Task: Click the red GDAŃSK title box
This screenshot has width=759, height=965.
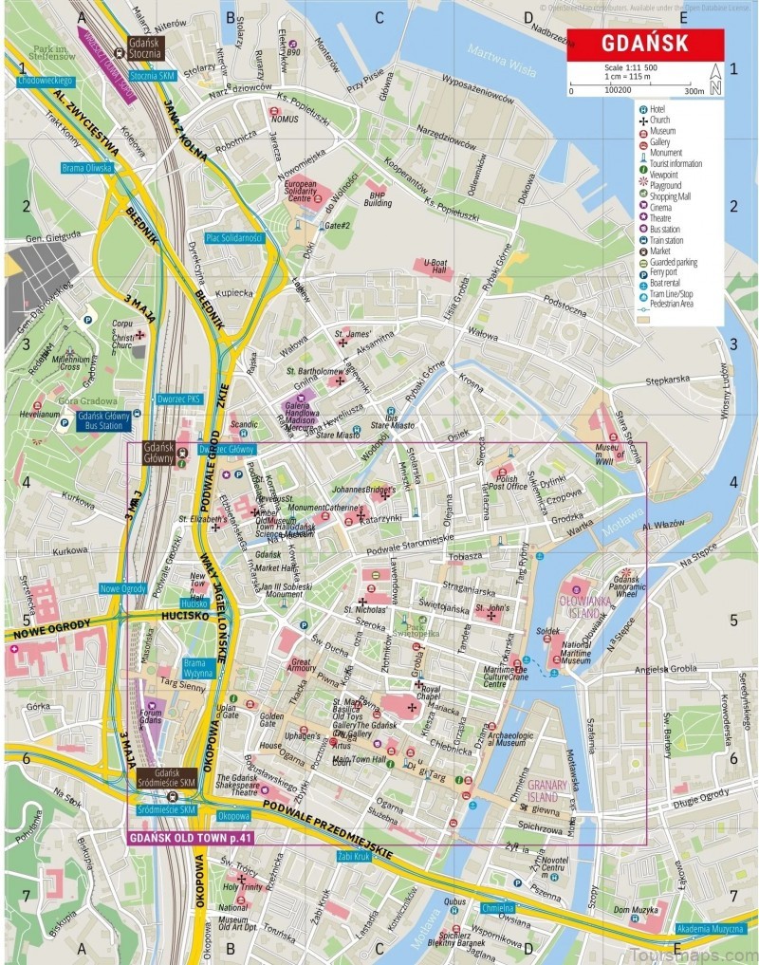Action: tap(645, 45)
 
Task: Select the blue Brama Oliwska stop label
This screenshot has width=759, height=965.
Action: tap(86, 168)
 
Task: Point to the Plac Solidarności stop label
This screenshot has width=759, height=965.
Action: tap(233, 237)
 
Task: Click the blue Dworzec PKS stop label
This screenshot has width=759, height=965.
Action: tap(179, 399)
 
